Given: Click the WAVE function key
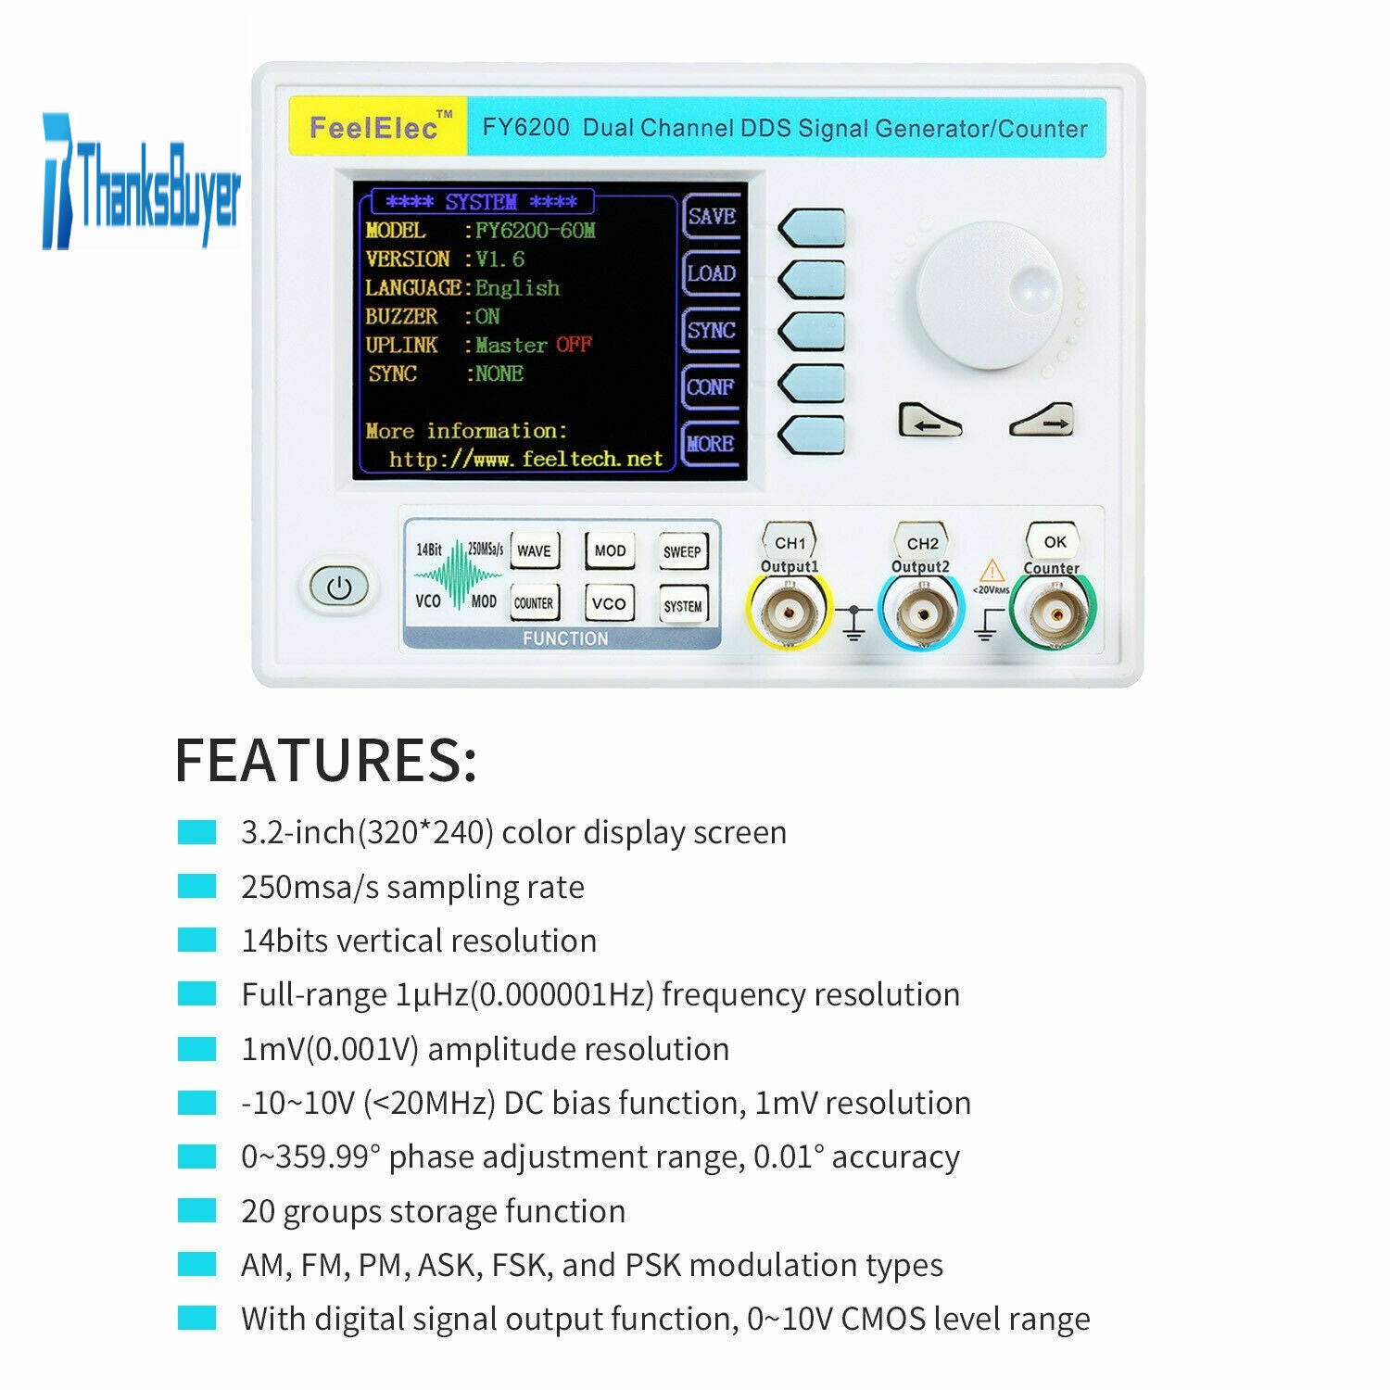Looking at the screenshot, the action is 534,551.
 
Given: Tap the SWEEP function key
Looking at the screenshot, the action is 683,551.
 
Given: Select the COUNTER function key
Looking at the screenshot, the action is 534,603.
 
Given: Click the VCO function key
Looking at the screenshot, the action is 609,603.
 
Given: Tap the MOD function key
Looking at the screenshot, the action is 609,551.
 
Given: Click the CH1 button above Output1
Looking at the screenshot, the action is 790,542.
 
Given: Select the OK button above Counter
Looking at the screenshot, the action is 1055,541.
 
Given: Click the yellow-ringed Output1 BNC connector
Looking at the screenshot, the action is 789,612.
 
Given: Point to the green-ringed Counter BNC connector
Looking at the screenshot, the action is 1053,612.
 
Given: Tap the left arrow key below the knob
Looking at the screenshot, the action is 929,421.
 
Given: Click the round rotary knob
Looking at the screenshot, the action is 990,295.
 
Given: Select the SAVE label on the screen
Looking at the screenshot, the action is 712,217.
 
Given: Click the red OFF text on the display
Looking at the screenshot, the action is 574,345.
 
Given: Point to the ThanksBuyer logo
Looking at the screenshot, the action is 141,182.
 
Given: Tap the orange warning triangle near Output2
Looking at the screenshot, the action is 992,570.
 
